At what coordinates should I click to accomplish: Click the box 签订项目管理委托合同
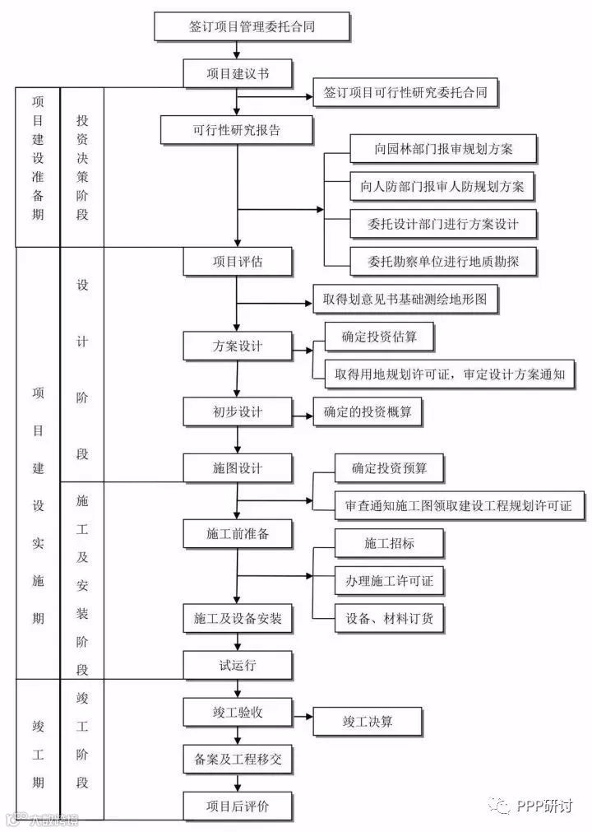click(x=252, y=26)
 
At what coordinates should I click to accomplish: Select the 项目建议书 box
click(x=238, y=73)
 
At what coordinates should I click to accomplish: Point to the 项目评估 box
click(x=238, y=262)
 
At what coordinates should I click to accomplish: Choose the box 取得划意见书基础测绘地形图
click(x=405, y=300)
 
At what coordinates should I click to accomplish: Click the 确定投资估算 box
click(x=377, y=337)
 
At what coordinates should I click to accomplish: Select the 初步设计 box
click(x=238, y=411)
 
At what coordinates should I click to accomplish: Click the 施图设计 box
click(x=238, y=467)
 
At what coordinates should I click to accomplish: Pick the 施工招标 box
click(x=390, y=543)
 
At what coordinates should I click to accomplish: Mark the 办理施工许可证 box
click(x=390, y=581)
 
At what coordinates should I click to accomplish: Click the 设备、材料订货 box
click(x=390, y=618)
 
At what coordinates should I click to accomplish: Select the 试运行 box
click(x=238, y=664)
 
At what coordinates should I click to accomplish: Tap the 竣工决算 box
click(x=368, y=722)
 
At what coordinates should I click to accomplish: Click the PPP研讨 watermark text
click(x=544, y=806)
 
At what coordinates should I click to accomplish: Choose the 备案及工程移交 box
click(x=238, y=759)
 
